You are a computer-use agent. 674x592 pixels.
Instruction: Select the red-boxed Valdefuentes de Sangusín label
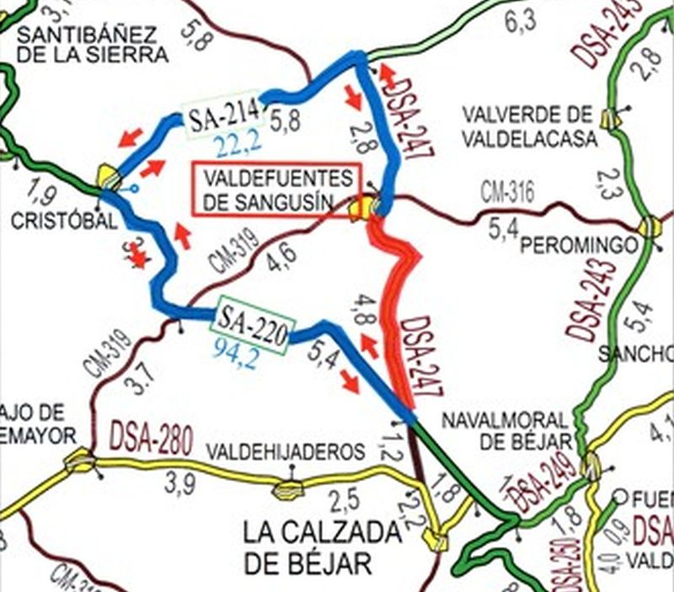[x=275, y=190]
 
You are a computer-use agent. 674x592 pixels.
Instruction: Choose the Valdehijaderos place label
[x=286, y=451]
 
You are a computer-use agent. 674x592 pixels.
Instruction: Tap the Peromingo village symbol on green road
[x=648, y=227]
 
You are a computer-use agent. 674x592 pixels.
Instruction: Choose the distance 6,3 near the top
[x=520, y=24]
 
